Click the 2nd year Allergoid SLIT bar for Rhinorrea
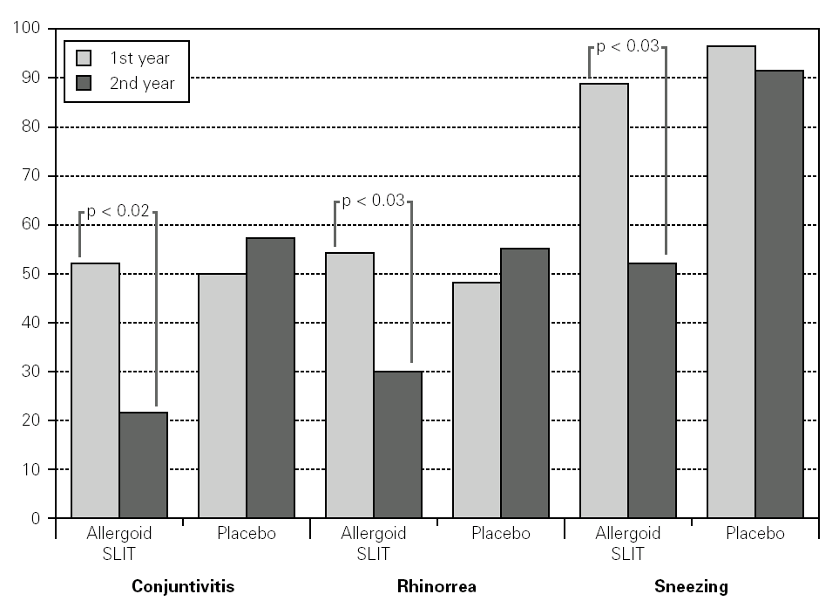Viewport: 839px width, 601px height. pos(397,444)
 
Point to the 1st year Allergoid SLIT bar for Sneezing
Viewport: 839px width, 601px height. pos(604,300)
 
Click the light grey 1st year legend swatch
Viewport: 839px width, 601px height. pos(85,58)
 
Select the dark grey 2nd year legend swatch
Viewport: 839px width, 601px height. pos(85,84)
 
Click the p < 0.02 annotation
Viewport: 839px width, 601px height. pos(118,211)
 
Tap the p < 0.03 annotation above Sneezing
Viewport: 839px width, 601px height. pos(627,46)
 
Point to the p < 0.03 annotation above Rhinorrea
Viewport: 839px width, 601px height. pos(373,201)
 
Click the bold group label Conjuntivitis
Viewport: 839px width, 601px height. pos(183,586)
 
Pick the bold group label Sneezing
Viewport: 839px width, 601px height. pos(691,586)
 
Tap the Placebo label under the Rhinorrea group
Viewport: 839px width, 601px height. pos(500,533)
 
